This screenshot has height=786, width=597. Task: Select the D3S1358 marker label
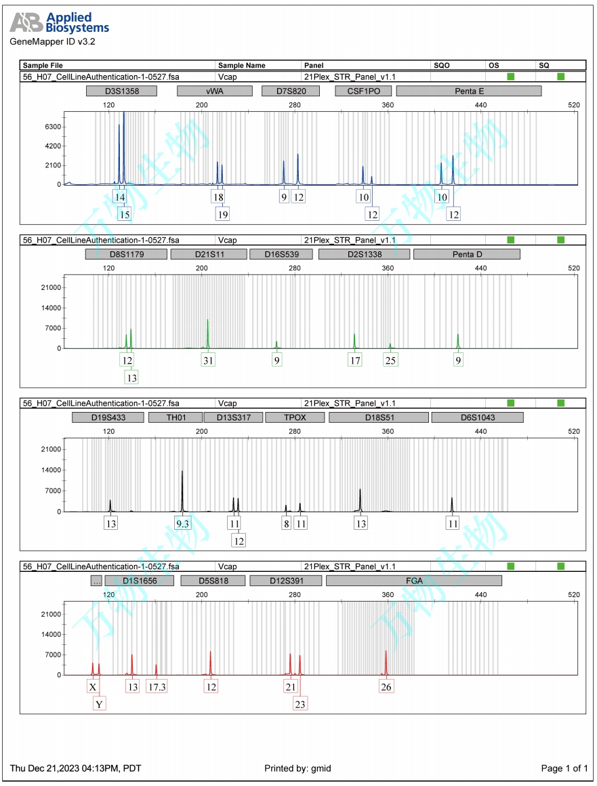(122, 91)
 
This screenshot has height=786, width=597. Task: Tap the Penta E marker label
(468, 91)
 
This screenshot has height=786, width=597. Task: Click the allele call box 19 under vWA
(222, 214)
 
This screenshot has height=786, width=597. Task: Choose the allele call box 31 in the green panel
(208, 360)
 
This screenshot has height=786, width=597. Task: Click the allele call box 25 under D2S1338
(390, 360)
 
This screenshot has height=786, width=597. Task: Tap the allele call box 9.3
(182, 523)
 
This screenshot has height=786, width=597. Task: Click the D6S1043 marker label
(477, 417)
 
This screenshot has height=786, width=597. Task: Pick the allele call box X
(93, 687)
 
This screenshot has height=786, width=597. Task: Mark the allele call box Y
(100, 704)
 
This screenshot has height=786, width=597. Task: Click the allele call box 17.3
(157, 687)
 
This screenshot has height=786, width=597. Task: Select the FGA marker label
(413, 581)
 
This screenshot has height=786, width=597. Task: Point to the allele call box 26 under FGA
(386, 687)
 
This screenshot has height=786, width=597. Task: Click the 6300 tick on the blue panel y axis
(52, 127)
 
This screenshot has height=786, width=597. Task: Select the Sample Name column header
(241, 66)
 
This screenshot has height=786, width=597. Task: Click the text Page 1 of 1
(564, 768)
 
